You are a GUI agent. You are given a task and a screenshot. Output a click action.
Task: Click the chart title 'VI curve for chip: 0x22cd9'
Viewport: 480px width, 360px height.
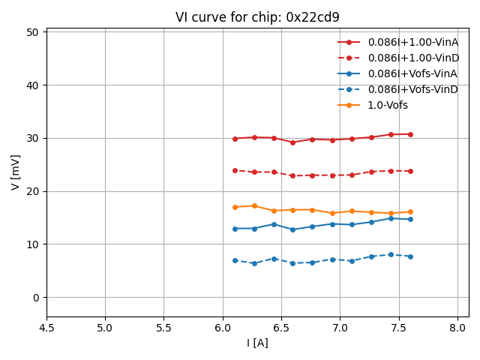pyautogui.click(x=257, y=17)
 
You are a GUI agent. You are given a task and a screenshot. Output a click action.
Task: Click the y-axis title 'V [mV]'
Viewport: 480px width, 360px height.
pyautogui.click(x=16, y=172)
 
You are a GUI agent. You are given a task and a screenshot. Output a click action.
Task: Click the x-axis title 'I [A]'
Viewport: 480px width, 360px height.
pyautogui.click(x=257, y=343)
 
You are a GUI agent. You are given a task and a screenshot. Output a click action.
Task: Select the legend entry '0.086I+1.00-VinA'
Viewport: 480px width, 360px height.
pyautogui.click(x=412, y=42)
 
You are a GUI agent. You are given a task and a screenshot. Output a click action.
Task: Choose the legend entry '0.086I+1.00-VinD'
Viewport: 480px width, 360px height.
pyautogui.click(x=412, y=58)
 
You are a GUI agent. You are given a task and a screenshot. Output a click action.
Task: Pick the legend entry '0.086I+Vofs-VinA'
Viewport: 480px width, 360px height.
pyautogui.click(x=412, y=73)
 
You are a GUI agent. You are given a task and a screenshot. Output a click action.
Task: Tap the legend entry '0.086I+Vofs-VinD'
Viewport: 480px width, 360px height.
pyautogui.click(x=412, y=89)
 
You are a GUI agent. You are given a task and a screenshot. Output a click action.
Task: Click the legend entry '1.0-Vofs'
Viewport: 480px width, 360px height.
pyautogui.click(x=388, y=105)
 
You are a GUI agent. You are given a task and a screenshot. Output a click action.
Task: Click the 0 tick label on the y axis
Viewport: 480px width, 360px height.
pyautogui.click(x=36, y=298)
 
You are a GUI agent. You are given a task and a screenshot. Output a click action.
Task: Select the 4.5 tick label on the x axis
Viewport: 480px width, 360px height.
pyautogui.click(x=46, y=328)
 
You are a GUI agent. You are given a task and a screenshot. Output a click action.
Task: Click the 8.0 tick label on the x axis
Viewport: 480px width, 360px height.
pyautogui.click(x=457, y=328)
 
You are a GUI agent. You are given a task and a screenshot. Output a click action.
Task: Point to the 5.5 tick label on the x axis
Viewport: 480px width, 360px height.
pyautogui.click(x=164, y=328)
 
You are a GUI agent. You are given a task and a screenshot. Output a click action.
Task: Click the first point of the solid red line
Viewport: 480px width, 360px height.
pyautogui.click(x=235, y=139)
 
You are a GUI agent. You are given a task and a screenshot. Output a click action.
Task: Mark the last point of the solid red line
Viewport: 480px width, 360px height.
pyautogui.click(x=410, y=134)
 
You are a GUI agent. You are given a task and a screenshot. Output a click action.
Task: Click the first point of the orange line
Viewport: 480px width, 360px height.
pyautogui.click(x=235, y=207)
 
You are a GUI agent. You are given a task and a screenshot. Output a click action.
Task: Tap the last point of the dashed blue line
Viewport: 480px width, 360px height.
pyautogui.click(x=410, y=256)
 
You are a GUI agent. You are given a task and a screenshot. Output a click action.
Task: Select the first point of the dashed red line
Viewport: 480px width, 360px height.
pyautogui.click(x=235, y=170)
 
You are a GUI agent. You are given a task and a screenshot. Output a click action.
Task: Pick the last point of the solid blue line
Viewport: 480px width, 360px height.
pyautogui.click(x=410, y=219)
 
